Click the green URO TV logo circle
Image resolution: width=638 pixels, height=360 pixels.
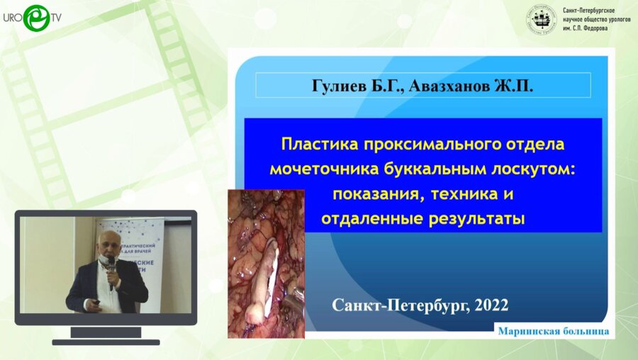coord(36,18)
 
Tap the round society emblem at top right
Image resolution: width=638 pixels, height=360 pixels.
coord(541,20)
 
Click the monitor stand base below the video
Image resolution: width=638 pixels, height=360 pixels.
coord(106,341)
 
